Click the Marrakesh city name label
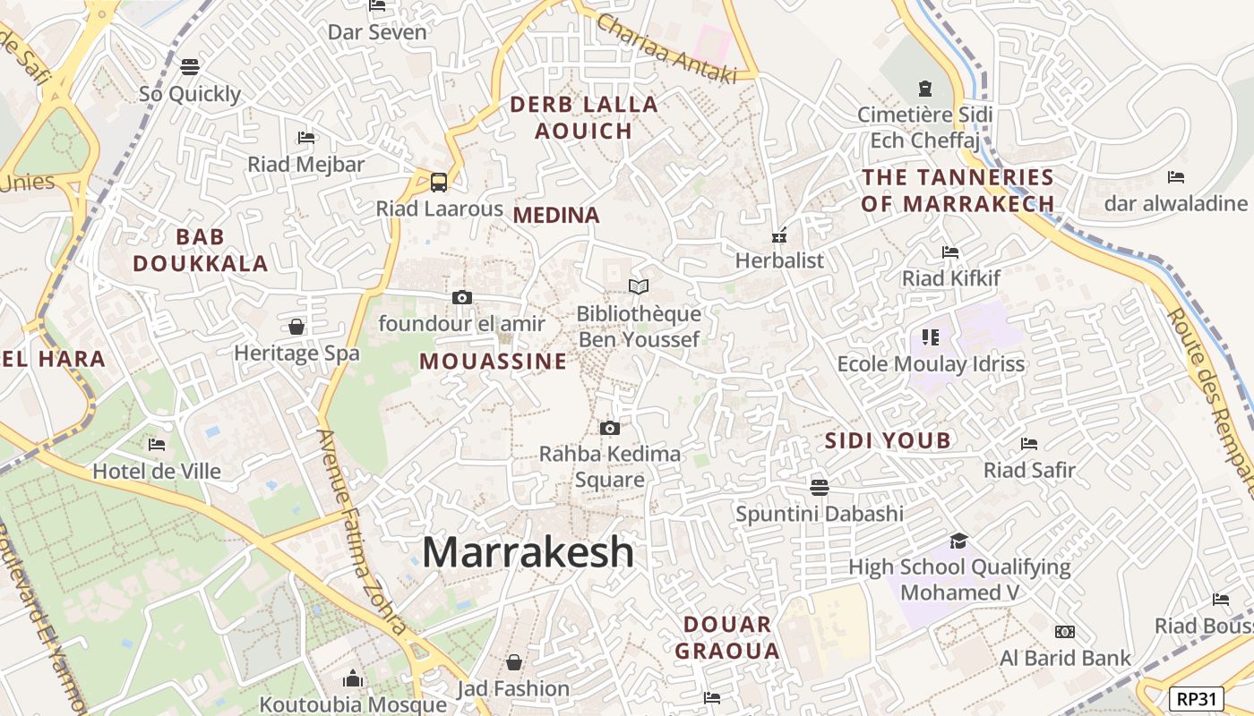(528, 551)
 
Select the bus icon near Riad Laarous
(439, 183)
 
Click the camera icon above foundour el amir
(462, 297)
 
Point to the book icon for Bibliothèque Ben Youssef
(639, 286)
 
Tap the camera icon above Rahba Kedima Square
(610, 428)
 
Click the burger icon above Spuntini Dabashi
(819, 488)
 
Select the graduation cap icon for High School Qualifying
(958, 541)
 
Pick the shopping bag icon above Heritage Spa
(296, 327)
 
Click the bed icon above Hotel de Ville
(157, 444)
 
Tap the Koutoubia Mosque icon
(353, 678)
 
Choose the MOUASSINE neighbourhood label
(493, 362)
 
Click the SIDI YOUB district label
(888, 440)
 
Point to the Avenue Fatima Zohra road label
(363, 532)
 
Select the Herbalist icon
(779, 235)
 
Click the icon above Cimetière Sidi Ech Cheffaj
(924, 89)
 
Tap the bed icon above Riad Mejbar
(306, 138)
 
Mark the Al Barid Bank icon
(1065, 632)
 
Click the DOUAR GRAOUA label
(727, 637)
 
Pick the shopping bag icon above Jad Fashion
(514, 662)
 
